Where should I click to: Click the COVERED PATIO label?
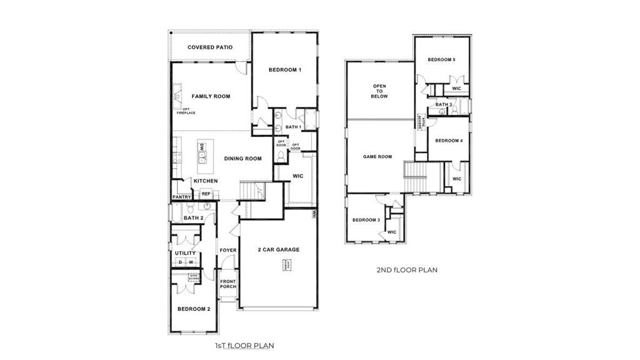(x=211, y=47)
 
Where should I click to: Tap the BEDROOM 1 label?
(x=285, y=69)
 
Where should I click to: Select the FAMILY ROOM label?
(x=211, y=96)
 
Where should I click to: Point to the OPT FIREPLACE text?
(x=186, y=111)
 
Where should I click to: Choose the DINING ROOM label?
(x=242, y=159)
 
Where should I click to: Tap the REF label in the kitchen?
(x=206, y=194)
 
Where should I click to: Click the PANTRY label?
(x=181, y=197)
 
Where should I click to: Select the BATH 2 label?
(x=193, y=217)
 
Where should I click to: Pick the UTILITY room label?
(x=185, y=253)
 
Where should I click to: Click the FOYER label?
(x=227, y=251)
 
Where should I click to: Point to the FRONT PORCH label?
(x=228, y=284)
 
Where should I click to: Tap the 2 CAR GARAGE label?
(x=279, y=249)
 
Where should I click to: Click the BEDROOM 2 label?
(x=193, y=309)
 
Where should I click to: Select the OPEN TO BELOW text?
(x=380, y=91)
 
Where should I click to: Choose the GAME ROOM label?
(x=377, y=156)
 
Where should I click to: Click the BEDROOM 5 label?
(x=441, y=59)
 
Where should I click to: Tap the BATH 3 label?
(x=444, y=104)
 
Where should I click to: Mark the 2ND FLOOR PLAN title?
(x=406, y=270)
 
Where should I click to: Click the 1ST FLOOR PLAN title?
(x=244, y=344)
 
